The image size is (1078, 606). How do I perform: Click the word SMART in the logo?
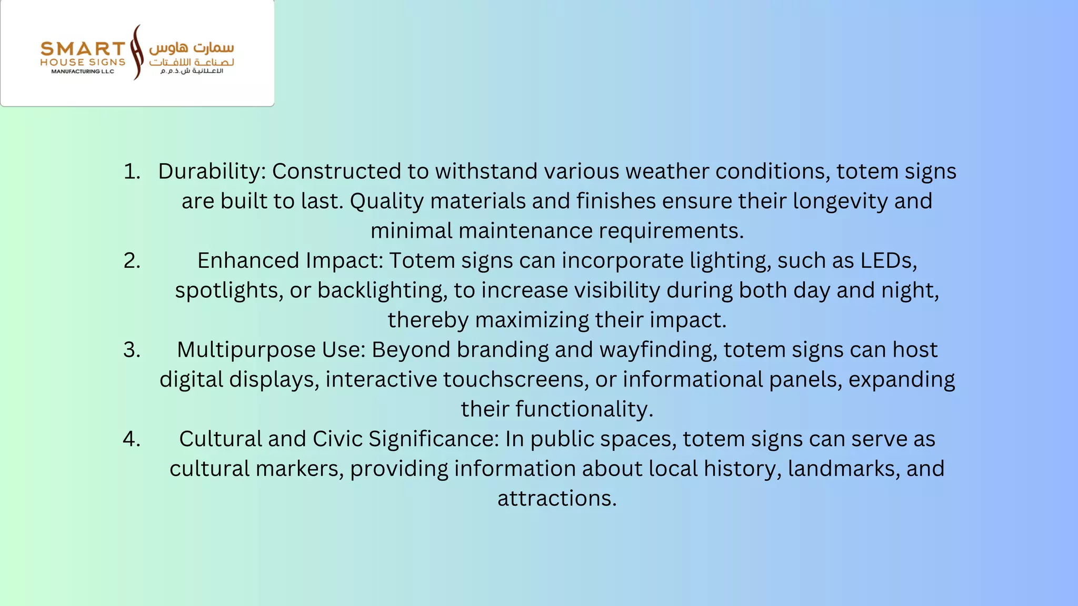[83, 49]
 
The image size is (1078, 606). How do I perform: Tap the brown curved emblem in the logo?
[137, 52]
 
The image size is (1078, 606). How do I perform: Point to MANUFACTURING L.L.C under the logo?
[83, 72]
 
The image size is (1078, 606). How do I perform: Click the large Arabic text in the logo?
[192, 48]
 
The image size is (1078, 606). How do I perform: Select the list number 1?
[132, 171]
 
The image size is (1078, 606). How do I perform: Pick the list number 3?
[132, 350]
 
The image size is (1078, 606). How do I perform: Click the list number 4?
[132, 439]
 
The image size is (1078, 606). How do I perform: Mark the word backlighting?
[382, 290]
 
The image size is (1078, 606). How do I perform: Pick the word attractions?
[557, 498]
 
